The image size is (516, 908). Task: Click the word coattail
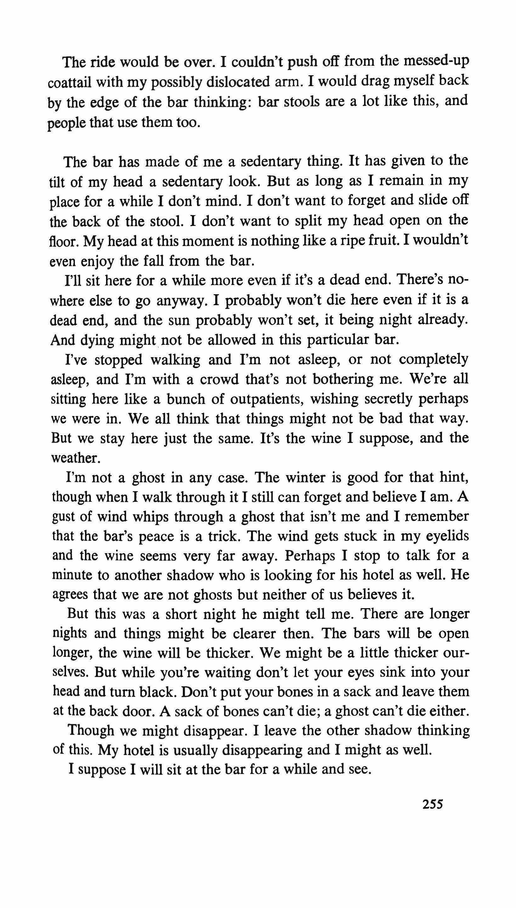[x=70, y=82]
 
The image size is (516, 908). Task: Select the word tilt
[x=57, y=182]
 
